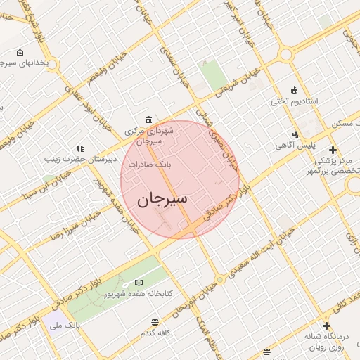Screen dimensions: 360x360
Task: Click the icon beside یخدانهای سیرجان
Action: pos(19,52)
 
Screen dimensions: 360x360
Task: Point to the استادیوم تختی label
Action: pos(295,102)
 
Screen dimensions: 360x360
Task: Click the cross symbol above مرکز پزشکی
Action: pos(333,150)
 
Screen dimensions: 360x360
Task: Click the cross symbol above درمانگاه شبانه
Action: pos(326,326)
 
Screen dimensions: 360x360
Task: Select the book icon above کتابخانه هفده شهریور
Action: pos(139,283)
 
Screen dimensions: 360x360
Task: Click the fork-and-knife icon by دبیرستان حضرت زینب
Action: pos(81,148)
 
